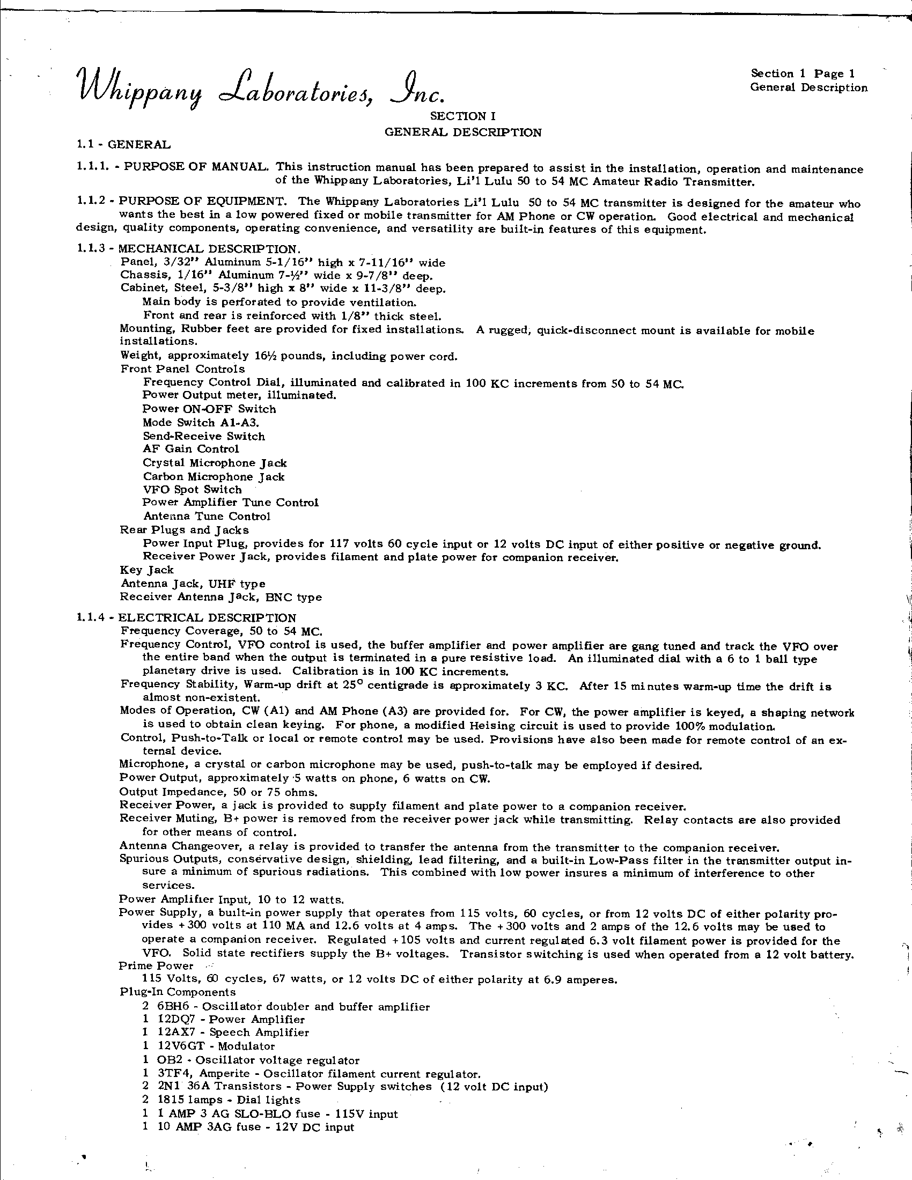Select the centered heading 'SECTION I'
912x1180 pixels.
tap(462, 116)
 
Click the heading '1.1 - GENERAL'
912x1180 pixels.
tap(124, 145)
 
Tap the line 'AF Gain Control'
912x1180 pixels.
tap(191, 449)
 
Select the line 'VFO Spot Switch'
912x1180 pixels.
tap(193, 490)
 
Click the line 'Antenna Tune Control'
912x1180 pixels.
tap(207, 516)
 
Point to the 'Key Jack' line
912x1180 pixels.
tap(146, 570)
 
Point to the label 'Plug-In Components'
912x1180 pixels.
tap(177, 992)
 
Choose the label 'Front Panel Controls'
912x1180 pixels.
tap(182, 369)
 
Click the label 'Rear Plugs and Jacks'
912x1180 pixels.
tap(184, 530)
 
